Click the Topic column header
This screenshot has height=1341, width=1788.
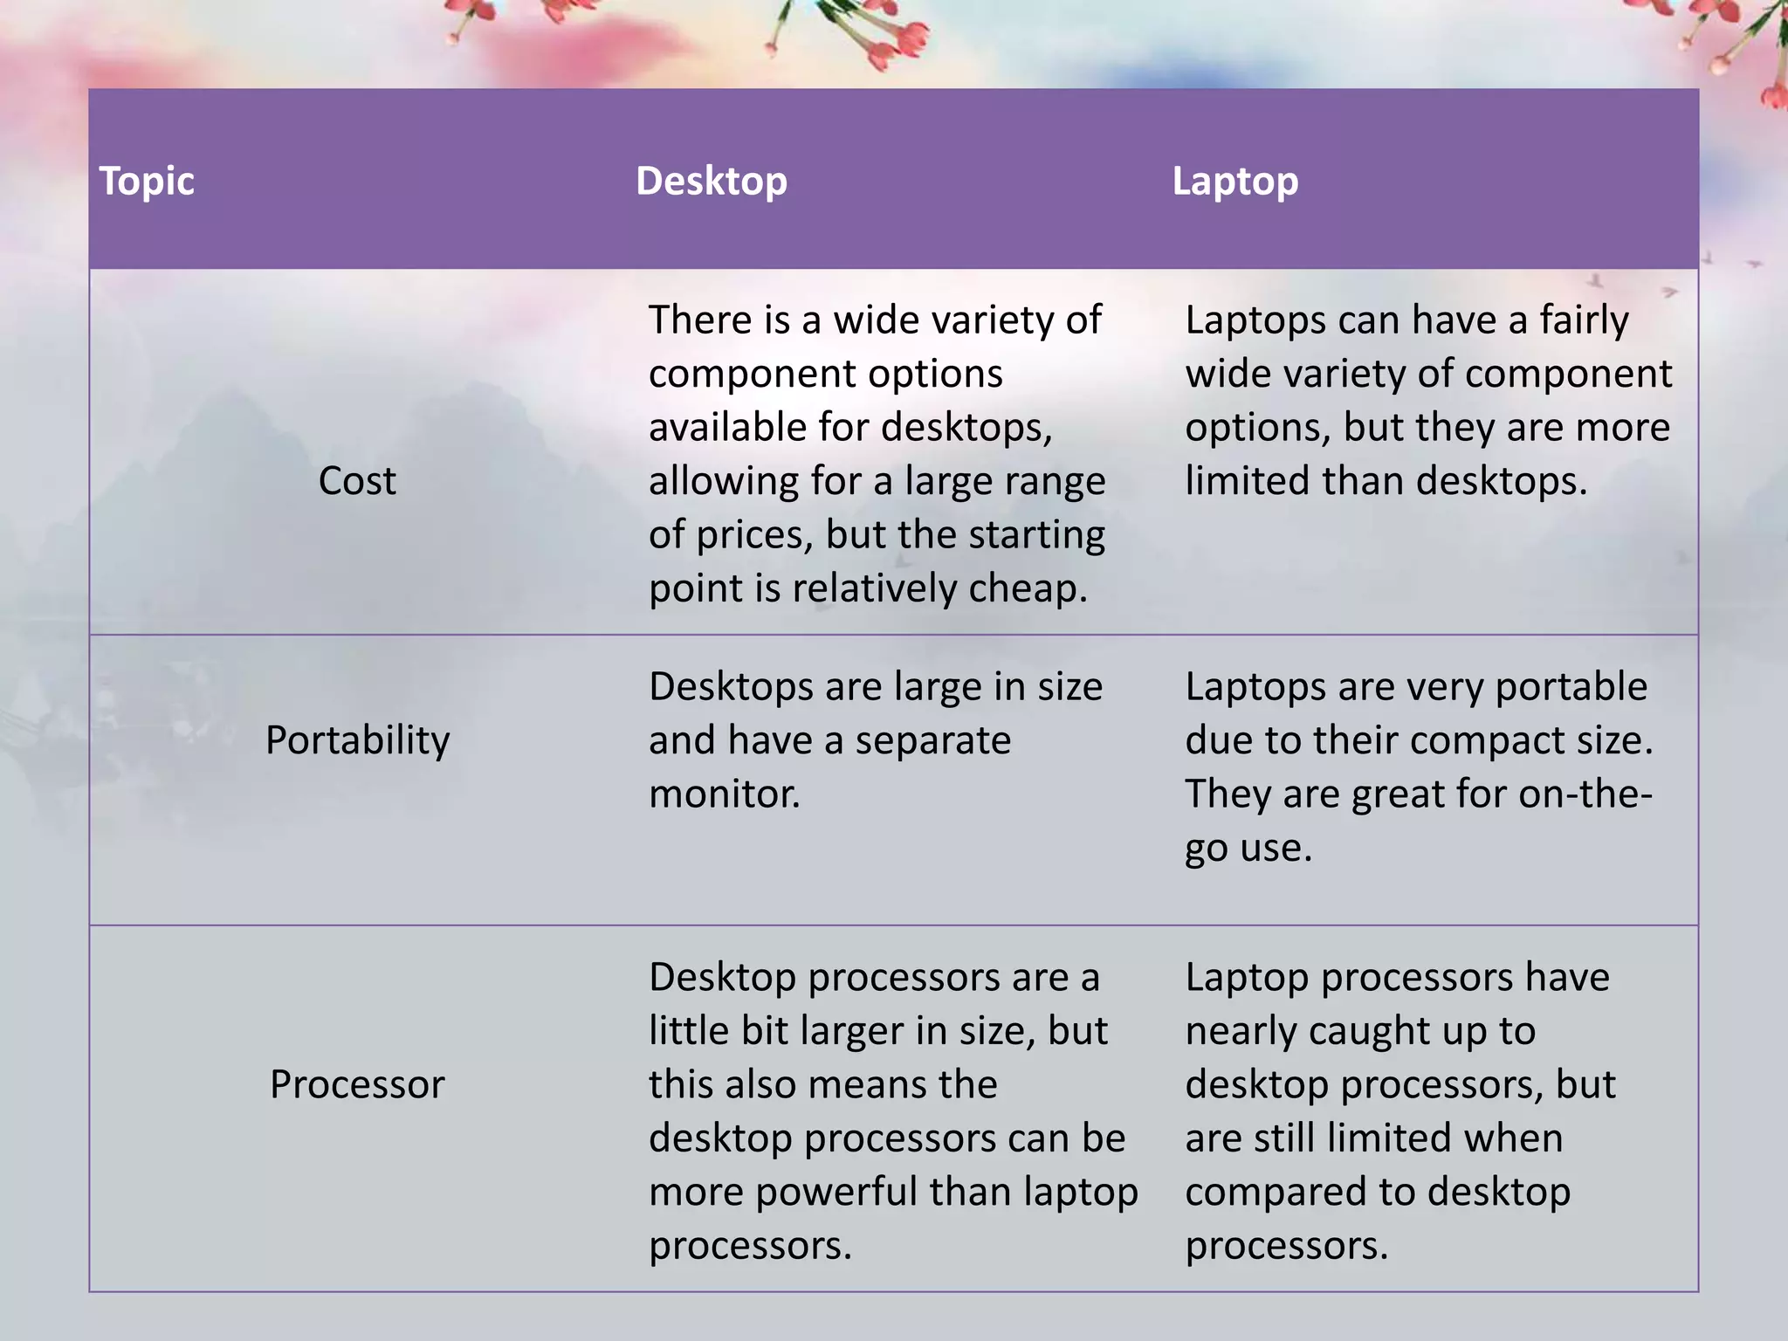pyautogui.click(x=147, y=182)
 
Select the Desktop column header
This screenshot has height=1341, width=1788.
pyautogui.click(x=711, y=182)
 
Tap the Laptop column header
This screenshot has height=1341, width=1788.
pyautogui.click(x=1234, y=182)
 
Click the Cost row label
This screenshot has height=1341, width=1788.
pyautogui.click(x=357, y=481)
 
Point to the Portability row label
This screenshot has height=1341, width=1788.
pyautogui.click(x=357, y=740)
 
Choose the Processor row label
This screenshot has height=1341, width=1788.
pyautogui.click(x=357, y=1084)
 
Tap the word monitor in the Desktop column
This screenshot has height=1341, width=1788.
pyautogui.click(x=723, y=794)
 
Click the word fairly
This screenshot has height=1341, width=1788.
pyautogui.click(x=1583, y=320)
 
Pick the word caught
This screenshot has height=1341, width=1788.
pyautogui.click(x=1361, y=1031)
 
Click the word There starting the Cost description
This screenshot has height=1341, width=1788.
pyautogui.click(x=699, y=320)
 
